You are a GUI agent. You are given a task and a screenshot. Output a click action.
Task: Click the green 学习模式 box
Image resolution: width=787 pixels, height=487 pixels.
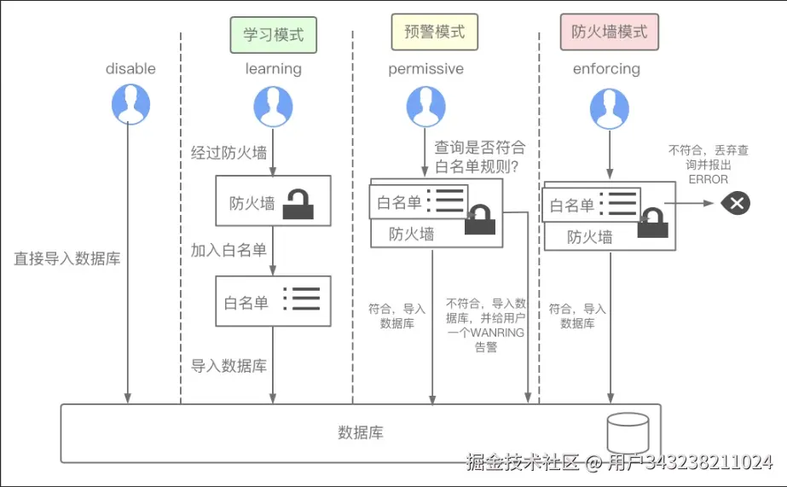pos(273,36)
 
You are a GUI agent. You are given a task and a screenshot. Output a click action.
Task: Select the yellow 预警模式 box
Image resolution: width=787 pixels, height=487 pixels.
pos(434,32)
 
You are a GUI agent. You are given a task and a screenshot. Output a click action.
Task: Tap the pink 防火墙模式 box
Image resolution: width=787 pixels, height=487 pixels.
pos(610,32)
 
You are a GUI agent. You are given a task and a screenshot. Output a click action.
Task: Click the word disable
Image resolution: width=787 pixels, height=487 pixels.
pos(130,68)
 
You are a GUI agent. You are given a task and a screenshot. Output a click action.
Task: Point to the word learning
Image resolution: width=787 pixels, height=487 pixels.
pos(273,68)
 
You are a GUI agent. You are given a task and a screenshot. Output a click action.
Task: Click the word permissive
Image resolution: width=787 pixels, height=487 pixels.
pos(426,68)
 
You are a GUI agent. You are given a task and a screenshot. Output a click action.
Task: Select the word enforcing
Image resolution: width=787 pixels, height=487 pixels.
pos(606,68)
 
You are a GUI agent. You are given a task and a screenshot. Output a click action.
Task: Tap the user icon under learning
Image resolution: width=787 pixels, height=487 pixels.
pos(273,107)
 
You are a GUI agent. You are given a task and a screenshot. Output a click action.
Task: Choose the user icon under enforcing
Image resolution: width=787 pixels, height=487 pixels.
pos(610,109)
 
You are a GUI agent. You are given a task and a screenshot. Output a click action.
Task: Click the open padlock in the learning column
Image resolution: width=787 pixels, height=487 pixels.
pos(298,203)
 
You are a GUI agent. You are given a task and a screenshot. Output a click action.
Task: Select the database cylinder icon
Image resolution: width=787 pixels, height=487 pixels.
pos(628,432)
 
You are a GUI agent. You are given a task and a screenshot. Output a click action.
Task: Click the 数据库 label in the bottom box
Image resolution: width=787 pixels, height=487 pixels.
pos(361,432)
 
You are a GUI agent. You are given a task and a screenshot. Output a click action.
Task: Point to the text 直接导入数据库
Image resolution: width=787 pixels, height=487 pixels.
pos(67,258)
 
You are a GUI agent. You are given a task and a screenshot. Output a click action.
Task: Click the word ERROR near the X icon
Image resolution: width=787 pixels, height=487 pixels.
pos(709,179)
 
